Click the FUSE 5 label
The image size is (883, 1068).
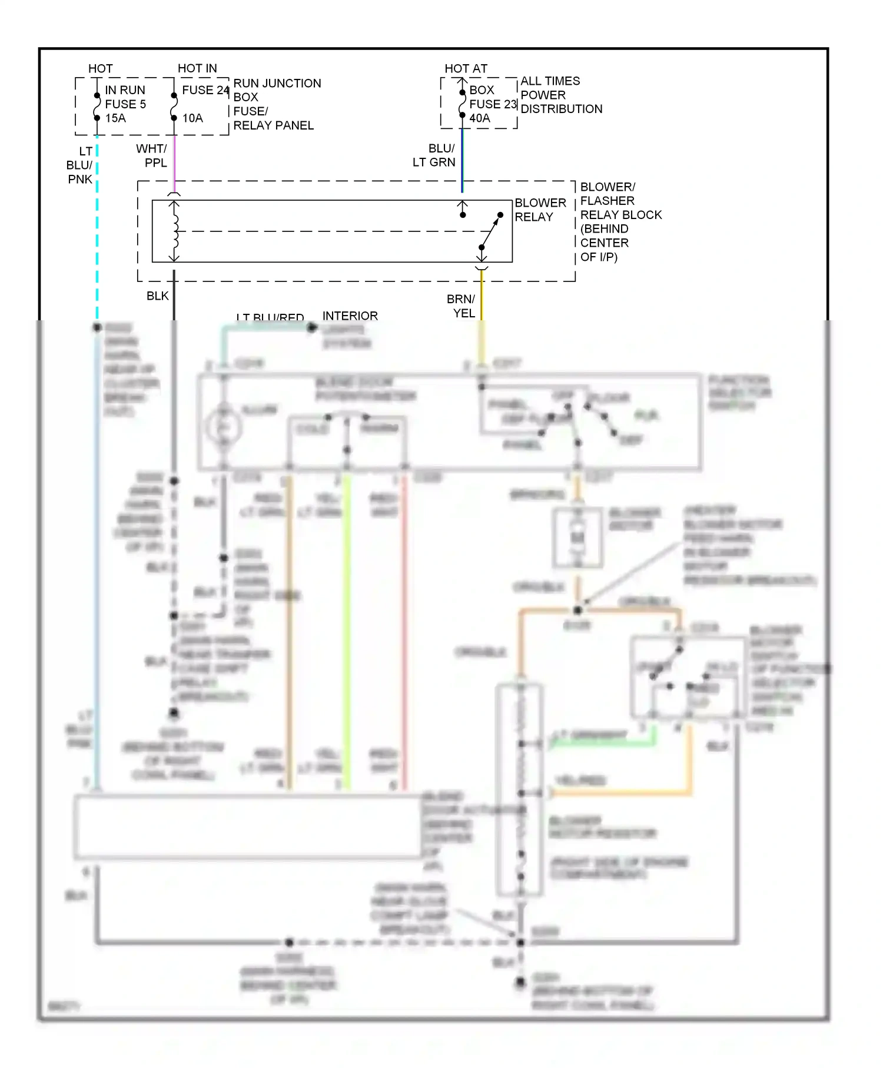125,104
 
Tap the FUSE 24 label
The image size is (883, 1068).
205,90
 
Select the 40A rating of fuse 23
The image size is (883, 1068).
480,118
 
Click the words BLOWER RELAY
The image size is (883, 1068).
540,210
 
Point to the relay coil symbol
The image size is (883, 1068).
175,231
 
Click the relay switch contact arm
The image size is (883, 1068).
490,232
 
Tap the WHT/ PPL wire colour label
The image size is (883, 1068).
152,155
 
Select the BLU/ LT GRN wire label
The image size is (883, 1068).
434,155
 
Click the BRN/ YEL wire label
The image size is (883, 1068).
462,306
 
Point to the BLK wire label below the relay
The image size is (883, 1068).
157,296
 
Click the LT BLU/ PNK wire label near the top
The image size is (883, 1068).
80,165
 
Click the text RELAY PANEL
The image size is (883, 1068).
273,125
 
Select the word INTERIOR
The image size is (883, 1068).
350,316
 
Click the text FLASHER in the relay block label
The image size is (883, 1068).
607,201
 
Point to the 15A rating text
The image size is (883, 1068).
115,118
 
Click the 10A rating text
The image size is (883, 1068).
192,118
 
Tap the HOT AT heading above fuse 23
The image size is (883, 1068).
466,69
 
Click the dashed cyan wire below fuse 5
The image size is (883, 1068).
97,236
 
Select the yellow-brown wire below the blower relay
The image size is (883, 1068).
482,294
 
